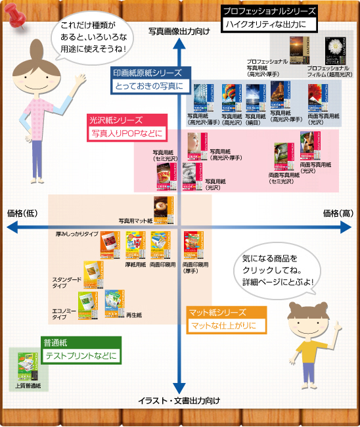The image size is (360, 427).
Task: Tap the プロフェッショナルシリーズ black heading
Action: point(268,11)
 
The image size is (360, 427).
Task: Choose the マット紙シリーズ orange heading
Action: point(217,312)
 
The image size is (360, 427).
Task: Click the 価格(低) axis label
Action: point(22,213)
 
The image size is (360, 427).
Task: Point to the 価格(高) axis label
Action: point(338,213)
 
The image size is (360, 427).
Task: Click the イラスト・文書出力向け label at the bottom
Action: point(178,400)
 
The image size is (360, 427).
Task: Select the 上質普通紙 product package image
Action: point(28,367)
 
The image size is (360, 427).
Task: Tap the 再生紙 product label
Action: point(134,315)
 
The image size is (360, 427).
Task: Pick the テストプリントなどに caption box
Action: point(79,356)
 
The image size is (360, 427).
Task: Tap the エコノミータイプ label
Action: point(66,313)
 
